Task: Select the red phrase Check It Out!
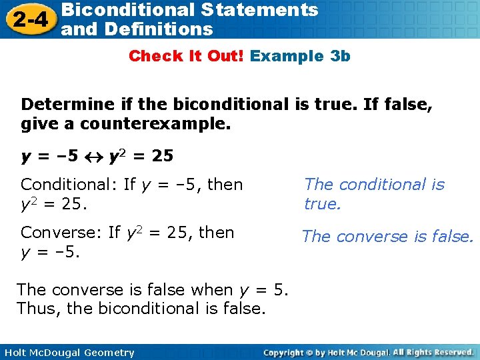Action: [x=187, y=56]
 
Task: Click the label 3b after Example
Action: [x=340, y=56]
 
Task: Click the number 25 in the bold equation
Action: [x=163, y=157]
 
